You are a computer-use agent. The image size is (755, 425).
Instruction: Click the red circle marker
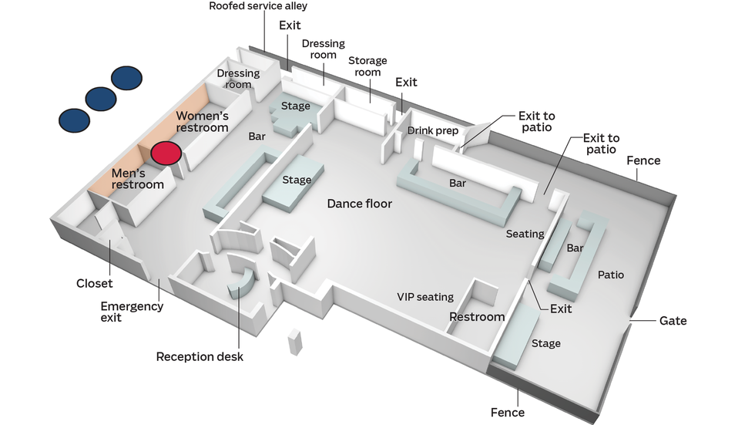pos(166,153)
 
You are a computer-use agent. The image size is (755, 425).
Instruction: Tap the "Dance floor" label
pos(359,204)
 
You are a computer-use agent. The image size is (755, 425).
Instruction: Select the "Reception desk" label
pos(200,356)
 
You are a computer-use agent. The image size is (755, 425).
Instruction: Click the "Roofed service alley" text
pos(258,6)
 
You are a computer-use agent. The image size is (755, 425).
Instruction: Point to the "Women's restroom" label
pos(202,121)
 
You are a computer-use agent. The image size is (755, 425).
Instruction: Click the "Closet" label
pos(94,283)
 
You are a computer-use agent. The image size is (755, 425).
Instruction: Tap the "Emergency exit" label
pos(132,312)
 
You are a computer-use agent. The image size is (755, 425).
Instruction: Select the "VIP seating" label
pos(425,297)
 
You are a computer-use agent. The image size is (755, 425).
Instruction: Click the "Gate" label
pos(673,321)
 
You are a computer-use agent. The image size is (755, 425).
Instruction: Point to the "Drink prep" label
pos(432,131)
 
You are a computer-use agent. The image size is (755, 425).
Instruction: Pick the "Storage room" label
pos(367,66)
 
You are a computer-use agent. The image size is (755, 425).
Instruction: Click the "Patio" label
pos(610,275)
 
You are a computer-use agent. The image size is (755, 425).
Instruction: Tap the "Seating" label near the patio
pos(525,234)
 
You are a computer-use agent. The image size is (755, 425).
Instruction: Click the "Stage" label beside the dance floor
pos(297,180)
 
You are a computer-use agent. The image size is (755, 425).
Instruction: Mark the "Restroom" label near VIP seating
pos(477,317)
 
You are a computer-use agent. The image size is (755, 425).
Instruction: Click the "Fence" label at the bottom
pos(508,413)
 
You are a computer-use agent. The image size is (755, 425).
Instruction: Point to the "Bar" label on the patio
pos(575,248)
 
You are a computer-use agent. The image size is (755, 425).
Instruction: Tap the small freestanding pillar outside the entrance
pos(295,342)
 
